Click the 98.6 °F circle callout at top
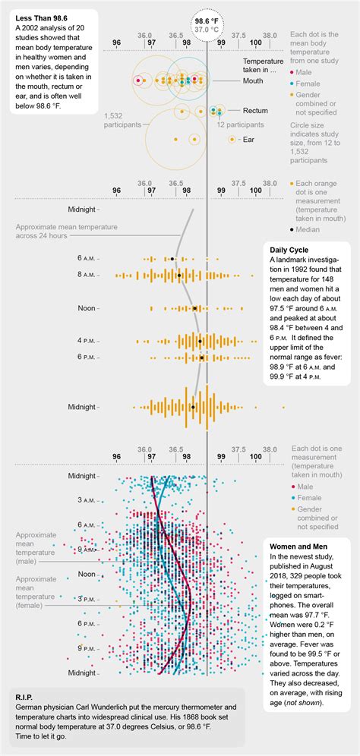tap(207, 24)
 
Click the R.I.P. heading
tap(27, 695)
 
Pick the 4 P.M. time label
tap(85, 341)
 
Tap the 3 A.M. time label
tap(85, 499)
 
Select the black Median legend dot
tap(292, 228)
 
